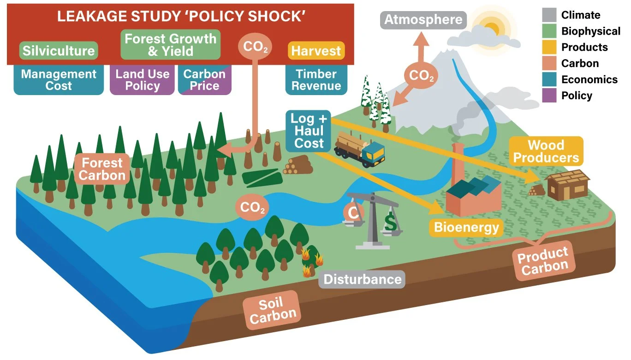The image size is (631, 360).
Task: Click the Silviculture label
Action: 59,51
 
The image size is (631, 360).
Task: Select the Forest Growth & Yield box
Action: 170,44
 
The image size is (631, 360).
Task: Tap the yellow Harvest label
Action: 316,51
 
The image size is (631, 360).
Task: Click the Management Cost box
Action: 59,80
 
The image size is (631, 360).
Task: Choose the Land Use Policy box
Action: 142,80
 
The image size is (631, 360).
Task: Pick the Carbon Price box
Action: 204,80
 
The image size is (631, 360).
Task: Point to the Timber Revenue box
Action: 316,80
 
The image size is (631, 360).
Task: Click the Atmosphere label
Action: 423,20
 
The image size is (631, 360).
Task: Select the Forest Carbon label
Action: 102,169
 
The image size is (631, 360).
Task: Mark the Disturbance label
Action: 363,279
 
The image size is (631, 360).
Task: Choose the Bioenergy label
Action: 466,227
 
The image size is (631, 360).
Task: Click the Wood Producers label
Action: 546,151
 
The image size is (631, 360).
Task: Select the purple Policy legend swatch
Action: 550,96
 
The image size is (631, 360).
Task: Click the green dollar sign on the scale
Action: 390,223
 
